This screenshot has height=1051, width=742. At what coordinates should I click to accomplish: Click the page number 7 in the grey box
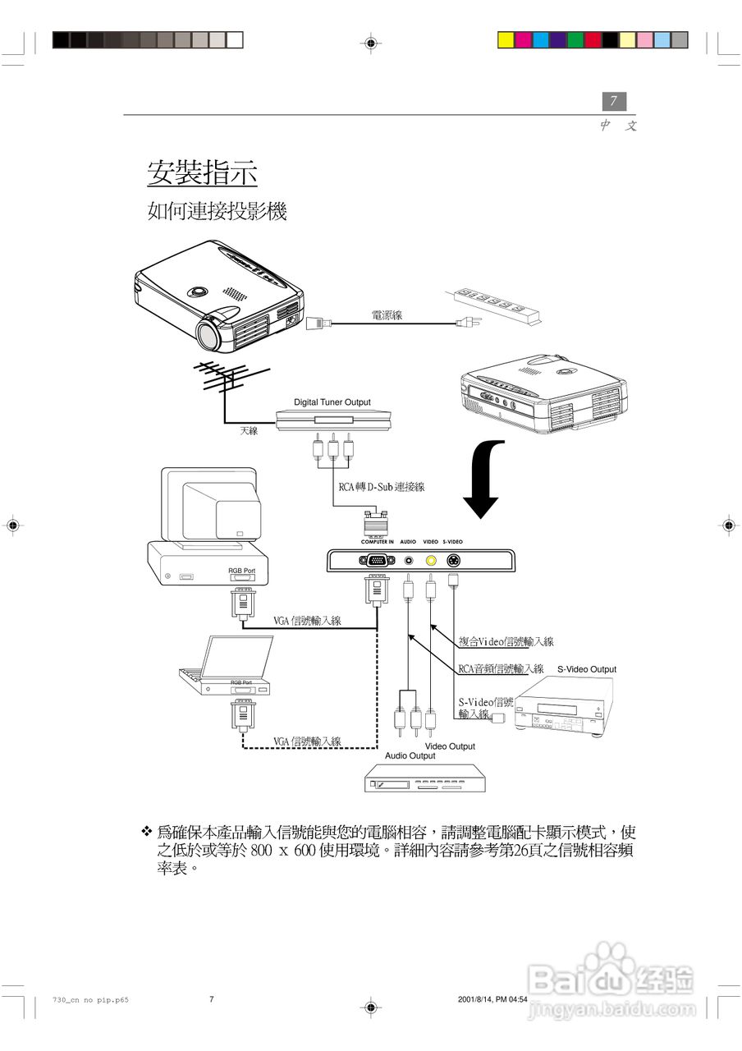[x=613, y=101]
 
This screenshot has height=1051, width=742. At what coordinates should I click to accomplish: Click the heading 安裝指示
[x=202, y=173]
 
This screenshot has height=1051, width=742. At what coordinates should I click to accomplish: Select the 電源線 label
[x=387, y=315]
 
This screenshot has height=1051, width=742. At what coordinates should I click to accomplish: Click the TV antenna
[x=216, y=379]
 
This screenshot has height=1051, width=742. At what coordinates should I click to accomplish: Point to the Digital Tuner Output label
[x=332, y=402]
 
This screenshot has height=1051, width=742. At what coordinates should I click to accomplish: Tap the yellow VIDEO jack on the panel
[x=431, y=561]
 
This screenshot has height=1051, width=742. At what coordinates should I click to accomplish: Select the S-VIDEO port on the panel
[x=452, y=561]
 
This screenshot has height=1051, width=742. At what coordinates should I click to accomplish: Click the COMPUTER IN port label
[x=378, y=542]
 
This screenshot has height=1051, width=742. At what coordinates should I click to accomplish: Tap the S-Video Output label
[x=586, y=669]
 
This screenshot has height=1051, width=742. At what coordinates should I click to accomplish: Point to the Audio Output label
[x=410, y=755]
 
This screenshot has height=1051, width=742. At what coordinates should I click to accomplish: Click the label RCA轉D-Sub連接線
[x=381, y=486]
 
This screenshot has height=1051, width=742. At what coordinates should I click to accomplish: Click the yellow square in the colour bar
[x=506, y=39]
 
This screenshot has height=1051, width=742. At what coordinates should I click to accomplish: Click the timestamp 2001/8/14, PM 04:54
[x=492, y=999]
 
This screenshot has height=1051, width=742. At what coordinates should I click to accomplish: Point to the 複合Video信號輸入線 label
[x=506, y=641]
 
